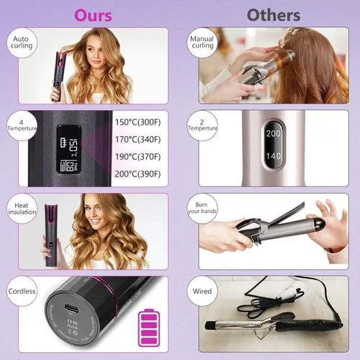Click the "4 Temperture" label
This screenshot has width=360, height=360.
(22, 127)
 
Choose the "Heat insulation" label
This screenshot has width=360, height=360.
(22, 210)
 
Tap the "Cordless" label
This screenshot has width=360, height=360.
(22, 292)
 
